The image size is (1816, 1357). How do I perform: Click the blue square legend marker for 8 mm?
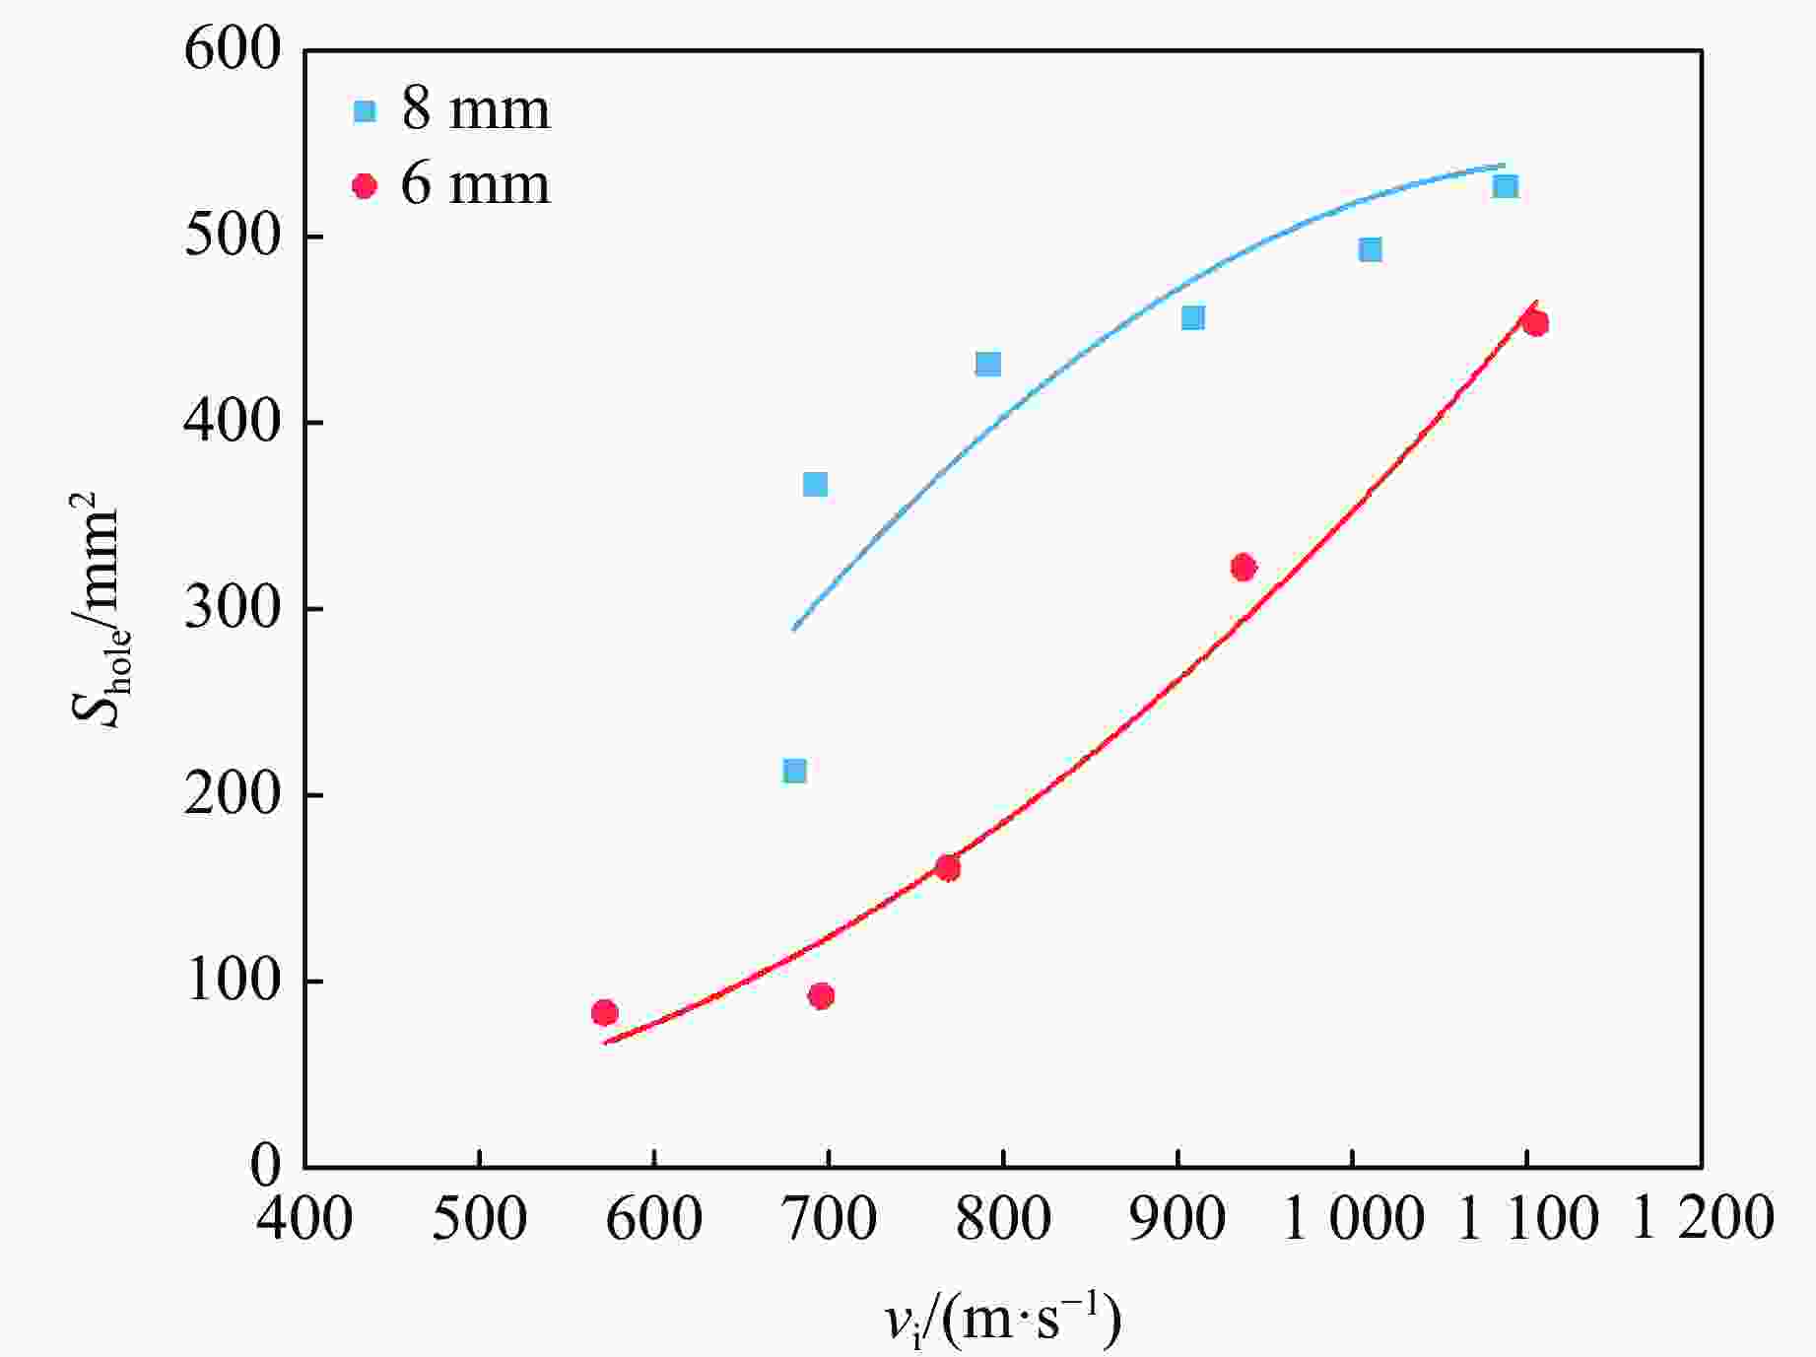[x=365, y=110]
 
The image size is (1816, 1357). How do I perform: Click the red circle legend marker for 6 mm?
[x=365, y=185]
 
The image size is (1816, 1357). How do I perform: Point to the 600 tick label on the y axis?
[x=233, y=49]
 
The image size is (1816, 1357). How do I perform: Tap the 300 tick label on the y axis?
[x=233, y=609]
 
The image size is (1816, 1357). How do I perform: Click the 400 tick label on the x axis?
[x=304, y=1218]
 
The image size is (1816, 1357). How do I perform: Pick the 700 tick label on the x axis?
[x=829, y=1218]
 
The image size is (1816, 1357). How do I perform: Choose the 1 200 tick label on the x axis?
[x=1703, y=1218]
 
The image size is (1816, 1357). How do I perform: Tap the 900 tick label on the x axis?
[x=1177, y=1218]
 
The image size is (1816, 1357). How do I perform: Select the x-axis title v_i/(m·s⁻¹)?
[x=1003, y=1321]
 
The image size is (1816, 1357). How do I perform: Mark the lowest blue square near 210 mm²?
[x=794, y=771]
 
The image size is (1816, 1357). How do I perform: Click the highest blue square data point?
[x=1505, y=186]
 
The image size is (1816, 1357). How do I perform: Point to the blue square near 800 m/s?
[x=987, y=365]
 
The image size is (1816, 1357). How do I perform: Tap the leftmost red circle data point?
[x=604, y=1012]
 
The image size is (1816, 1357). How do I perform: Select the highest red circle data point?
[x=1534, y=323]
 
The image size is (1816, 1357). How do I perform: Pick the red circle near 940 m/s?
[x=1243, y=567]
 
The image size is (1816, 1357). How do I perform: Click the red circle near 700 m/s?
[x=821, y=995]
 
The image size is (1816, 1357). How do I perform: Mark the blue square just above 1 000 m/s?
[x=1370, y=249]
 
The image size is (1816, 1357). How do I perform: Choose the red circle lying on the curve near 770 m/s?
[x=947, y=868]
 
